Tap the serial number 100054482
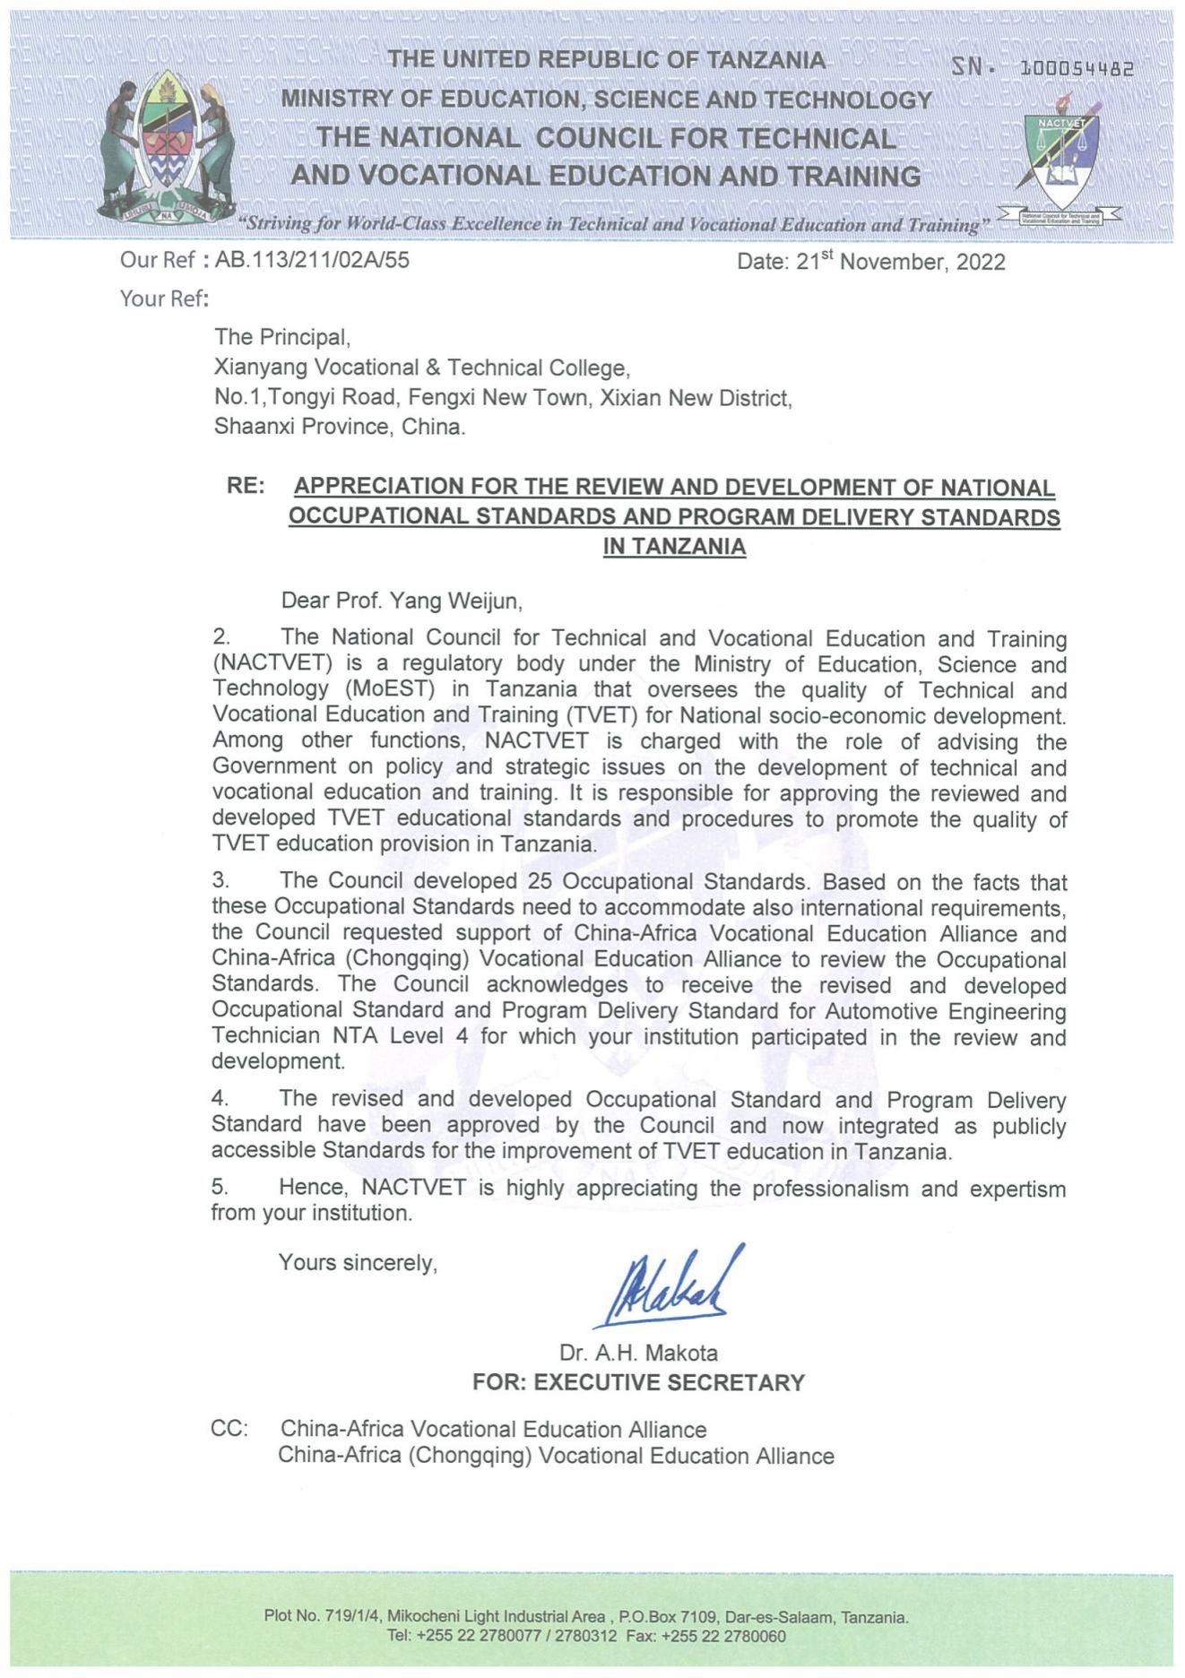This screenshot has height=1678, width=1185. coord(1077,68)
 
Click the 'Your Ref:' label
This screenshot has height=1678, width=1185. coord(164,298)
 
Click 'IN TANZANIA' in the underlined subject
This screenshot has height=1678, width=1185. coord(674,546)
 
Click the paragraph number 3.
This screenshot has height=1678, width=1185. coord(220,882)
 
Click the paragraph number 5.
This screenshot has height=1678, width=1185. coord(220,1188)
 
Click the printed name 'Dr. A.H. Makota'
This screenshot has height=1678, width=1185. coord(638,1353)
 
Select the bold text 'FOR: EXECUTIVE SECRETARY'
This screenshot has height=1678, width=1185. coord(638,1382)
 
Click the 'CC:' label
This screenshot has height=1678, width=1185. coord(229,1429)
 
